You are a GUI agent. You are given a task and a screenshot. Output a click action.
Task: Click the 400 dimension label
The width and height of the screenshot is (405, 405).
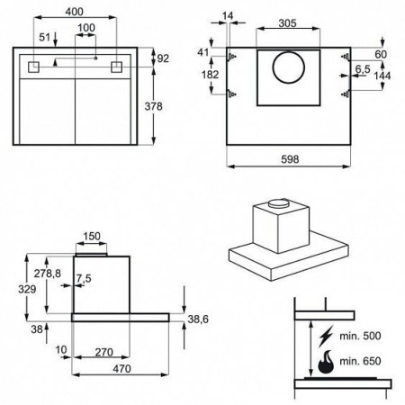(74, 12)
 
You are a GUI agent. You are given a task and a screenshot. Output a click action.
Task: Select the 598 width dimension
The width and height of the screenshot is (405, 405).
(290, 159)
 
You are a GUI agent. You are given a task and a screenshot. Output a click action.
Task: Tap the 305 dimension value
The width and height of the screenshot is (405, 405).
(287, 23)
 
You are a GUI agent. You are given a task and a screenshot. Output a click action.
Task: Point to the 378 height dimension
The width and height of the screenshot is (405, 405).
(153, 106)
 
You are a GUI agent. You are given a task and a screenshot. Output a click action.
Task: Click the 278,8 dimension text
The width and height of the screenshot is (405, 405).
(48, 274)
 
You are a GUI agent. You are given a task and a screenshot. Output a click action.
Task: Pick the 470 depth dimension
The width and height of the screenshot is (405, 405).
(121, 369)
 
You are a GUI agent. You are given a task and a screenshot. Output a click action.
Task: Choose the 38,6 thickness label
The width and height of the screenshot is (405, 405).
(198, 319)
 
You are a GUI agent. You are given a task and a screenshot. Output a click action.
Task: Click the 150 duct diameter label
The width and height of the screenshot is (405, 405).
(92, 236)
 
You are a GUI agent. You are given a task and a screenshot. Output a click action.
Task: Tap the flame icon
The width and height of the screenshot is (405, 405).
(326, 362)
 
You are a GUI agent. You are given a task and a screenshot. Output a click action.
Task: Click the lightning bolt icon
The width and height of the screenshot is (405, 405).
(326, 336)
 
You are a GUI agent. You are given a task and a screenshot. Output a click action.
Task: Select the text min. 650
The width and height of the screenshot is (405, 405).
(360, 361)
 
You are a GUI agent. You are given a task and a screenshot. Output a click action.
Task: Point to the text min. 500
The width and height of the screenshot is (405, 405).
(360, 336)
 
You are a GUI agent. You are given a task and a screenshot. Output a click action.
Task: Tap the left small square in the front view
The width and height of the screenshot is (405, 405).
(33, 67)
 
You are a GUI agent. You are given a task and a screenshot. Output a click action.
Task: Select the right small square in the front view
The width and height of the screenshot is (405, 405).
(116, 67)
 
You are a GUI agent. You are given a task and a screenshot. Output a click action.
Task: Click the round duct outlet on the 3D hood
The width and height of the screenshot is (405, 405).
(279, 203)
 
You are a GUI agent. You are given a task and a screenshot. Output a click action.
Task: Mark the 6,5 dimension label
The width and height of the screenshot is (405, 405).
(363, 69)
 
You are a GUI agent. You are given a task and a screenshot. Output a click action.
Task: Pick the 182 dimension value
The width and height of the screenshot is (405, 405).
(211, 75)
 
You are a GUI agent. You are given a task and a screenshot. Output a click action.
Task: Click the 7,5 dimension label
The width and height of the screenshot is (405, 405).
(84, 278)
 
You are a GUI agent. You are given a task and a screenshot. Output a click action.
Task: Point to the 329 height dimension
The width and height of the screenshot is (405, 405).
(27, 289)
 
